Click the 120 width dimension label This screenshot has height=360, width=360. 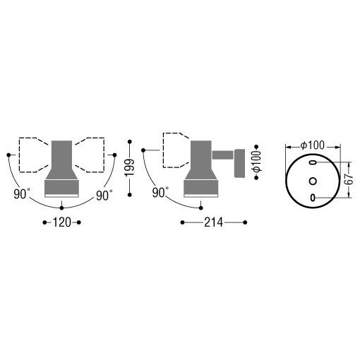pos(61,222)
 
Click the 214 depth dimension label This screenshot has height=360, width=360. pos(213,222)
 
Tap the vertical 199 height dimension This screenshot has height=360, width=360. pos(130,168)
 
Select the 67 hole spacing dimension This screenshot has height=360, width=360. pos(350,180)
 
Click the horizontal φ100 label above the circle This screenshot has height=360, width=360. pos(313,145)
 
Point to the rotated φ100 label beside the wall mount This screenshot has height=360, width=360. pos(257,162)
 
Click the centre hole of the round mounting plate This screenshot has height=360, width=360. pos(313,181)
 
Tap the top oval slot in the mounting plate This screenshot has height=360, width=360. pos(313,162)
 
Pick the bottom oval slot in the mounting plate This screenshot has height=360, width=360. pos(313,198)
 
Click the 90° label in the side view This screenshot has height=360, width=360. pos(160,193)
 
